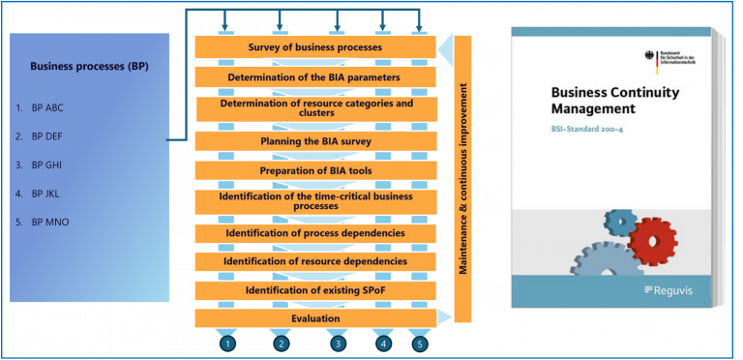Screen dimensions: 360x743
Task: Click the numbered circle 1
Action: pos(226,344)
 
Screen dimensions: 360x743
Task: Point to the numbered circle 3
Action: pos(338,344)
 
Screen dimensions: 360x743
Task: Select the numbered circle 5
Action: pos(419,344)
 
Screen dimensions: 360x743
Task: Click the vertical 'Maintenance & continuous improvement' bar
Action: pos(463,179)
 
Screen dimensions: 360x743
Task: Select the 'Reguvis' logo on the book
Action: pos(673,289)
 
